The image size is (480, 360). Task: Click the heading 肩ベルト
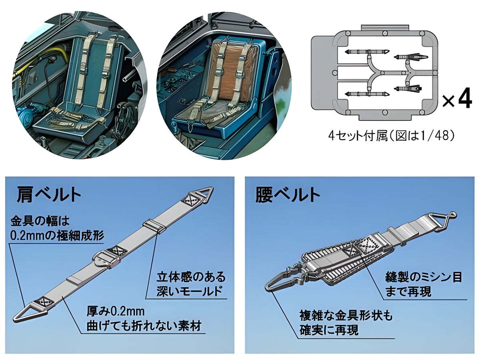(x=49, y=194)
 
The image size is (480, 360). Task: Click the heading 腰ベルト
(x=288, y=194)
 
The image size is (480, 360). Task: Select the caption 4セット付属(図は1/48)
(x=391, y=136)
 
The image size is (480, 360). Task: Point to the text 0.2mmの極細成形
(x=57, y=236)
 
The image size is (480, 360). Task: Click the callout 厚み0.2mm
(x=116, y=312)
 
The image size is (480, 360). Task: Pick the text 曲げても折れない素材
(x=144, y=326)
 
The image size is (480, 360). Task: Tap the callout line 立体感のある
(x=191, y=277)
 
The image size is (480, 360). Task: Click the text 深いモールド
(x=189, y=291)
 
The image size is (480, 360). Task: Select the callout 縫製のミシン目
(x=424, y=277)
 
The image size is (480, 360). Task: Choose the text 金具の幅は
(x=40, y=221)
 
